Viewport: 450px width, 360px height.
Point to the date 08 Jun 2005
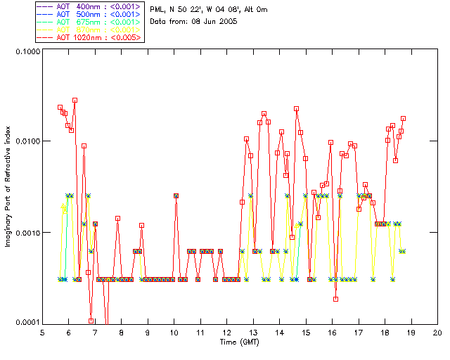coord(212,21)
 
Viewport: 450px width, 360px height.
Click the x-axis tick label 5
coord(42,332)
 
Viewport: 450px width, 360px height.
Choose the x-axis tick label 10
coord(174,332)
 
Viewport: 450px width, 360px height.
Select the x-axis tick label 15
coord(305,332)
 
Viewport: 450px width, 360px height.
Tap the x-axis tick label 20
coord(437,332)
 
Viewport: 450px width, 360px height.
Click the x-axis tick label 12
coord(226,332)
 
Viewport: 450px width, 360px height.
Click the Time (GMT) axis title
coord(239,342)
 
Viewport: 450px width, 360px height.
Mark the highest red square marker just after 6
coord(75,101)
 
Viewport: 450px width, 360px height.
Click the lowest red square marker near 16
coord(336,299)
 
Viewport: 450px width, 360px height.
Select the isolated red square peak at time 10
coord(176,195)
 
